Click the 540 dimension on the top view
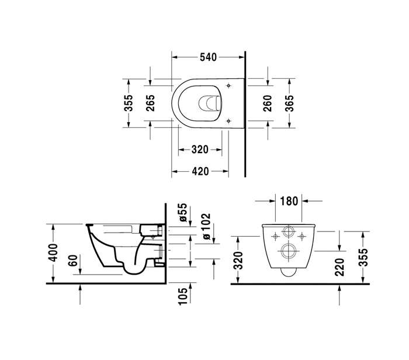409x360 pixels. [208, 57]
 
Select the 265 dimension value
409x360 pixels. [150, 103]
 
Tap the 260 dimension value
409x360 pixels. [268, 103]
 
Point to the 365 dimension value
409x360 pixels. [289, 103]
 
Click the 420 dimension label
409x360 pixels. [200, 171]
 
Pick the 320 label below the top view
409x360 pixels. [200, 150]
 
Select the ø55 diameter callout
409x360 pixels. [183, 212]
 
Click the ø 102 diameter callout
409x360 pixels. [206, 226]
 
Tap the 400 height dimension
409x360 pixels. [53, 252]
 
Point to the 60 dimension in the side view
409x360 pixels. [73, 261]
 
